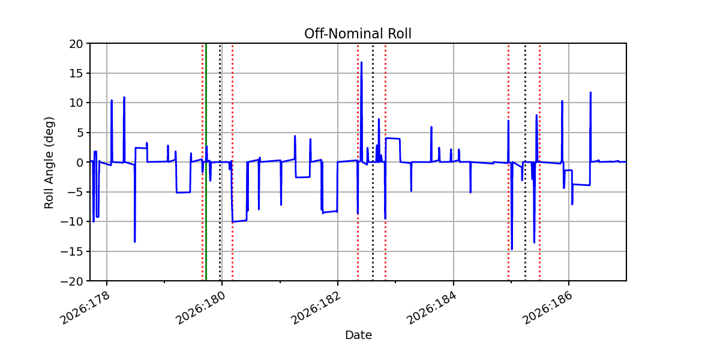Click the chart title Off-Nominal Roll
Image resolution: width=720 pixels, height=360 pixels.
coord(358,34)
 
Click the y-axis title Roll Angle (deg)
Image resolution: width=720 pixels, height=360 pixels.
coord(49,163)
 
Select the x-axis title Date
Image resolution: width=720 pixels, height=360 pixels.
coord(358,335)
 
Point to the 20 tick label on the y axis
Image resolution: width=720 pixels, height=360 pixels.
coord(76,44)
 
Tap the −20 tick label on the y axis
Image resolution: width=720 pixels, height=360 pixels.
coord(71,281)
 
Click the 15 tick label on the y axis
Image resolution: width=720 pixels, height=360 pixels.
coord(76,73)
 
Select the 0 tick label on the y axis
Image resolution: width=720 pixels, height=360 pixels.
coord(79,163)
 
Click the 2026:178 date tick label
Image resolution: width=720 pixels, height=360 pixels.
coord(85,308)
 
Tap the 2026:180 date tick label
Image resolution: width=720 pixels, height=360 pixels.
coord(200,308)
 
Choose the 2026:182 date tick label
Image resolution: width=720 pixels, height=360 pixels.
coord(316,308)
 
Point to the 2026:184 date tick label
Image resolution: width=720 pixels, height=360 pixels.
coord(431,308)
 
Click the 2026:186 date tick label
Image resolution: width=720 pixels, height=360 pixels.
coord(547,308)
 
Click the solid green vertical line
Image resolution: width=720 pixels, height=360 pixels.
coord(206,162)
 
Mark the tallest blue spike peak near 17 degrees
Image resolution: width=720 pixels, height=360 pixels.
coord(361,62)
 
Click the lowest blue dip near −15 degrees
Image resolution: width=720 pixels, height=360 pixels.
coord(512,249)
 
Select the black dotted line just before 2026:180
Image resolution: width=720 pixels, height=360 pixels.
coord(220,162)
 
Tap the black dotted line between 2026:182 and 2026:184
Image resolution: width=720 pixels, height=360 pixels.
coord(373,162)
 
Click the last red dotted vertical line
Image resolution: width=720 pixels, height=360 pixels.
coord(539,162)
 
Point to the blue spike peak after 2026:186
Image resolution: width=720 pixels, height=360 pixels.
coord(590,92)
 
